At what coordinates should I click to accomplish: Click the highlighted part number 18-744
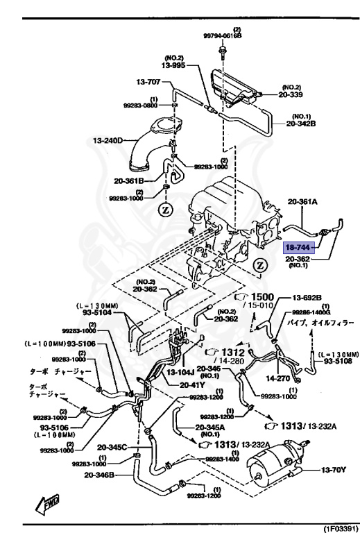(298, 246)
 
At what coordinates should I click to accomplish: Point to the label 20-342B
(301, 125)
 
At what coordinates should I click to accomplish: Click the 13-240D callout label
(108, 141)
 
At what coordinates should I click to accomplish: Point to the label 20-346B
(101, 475)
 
